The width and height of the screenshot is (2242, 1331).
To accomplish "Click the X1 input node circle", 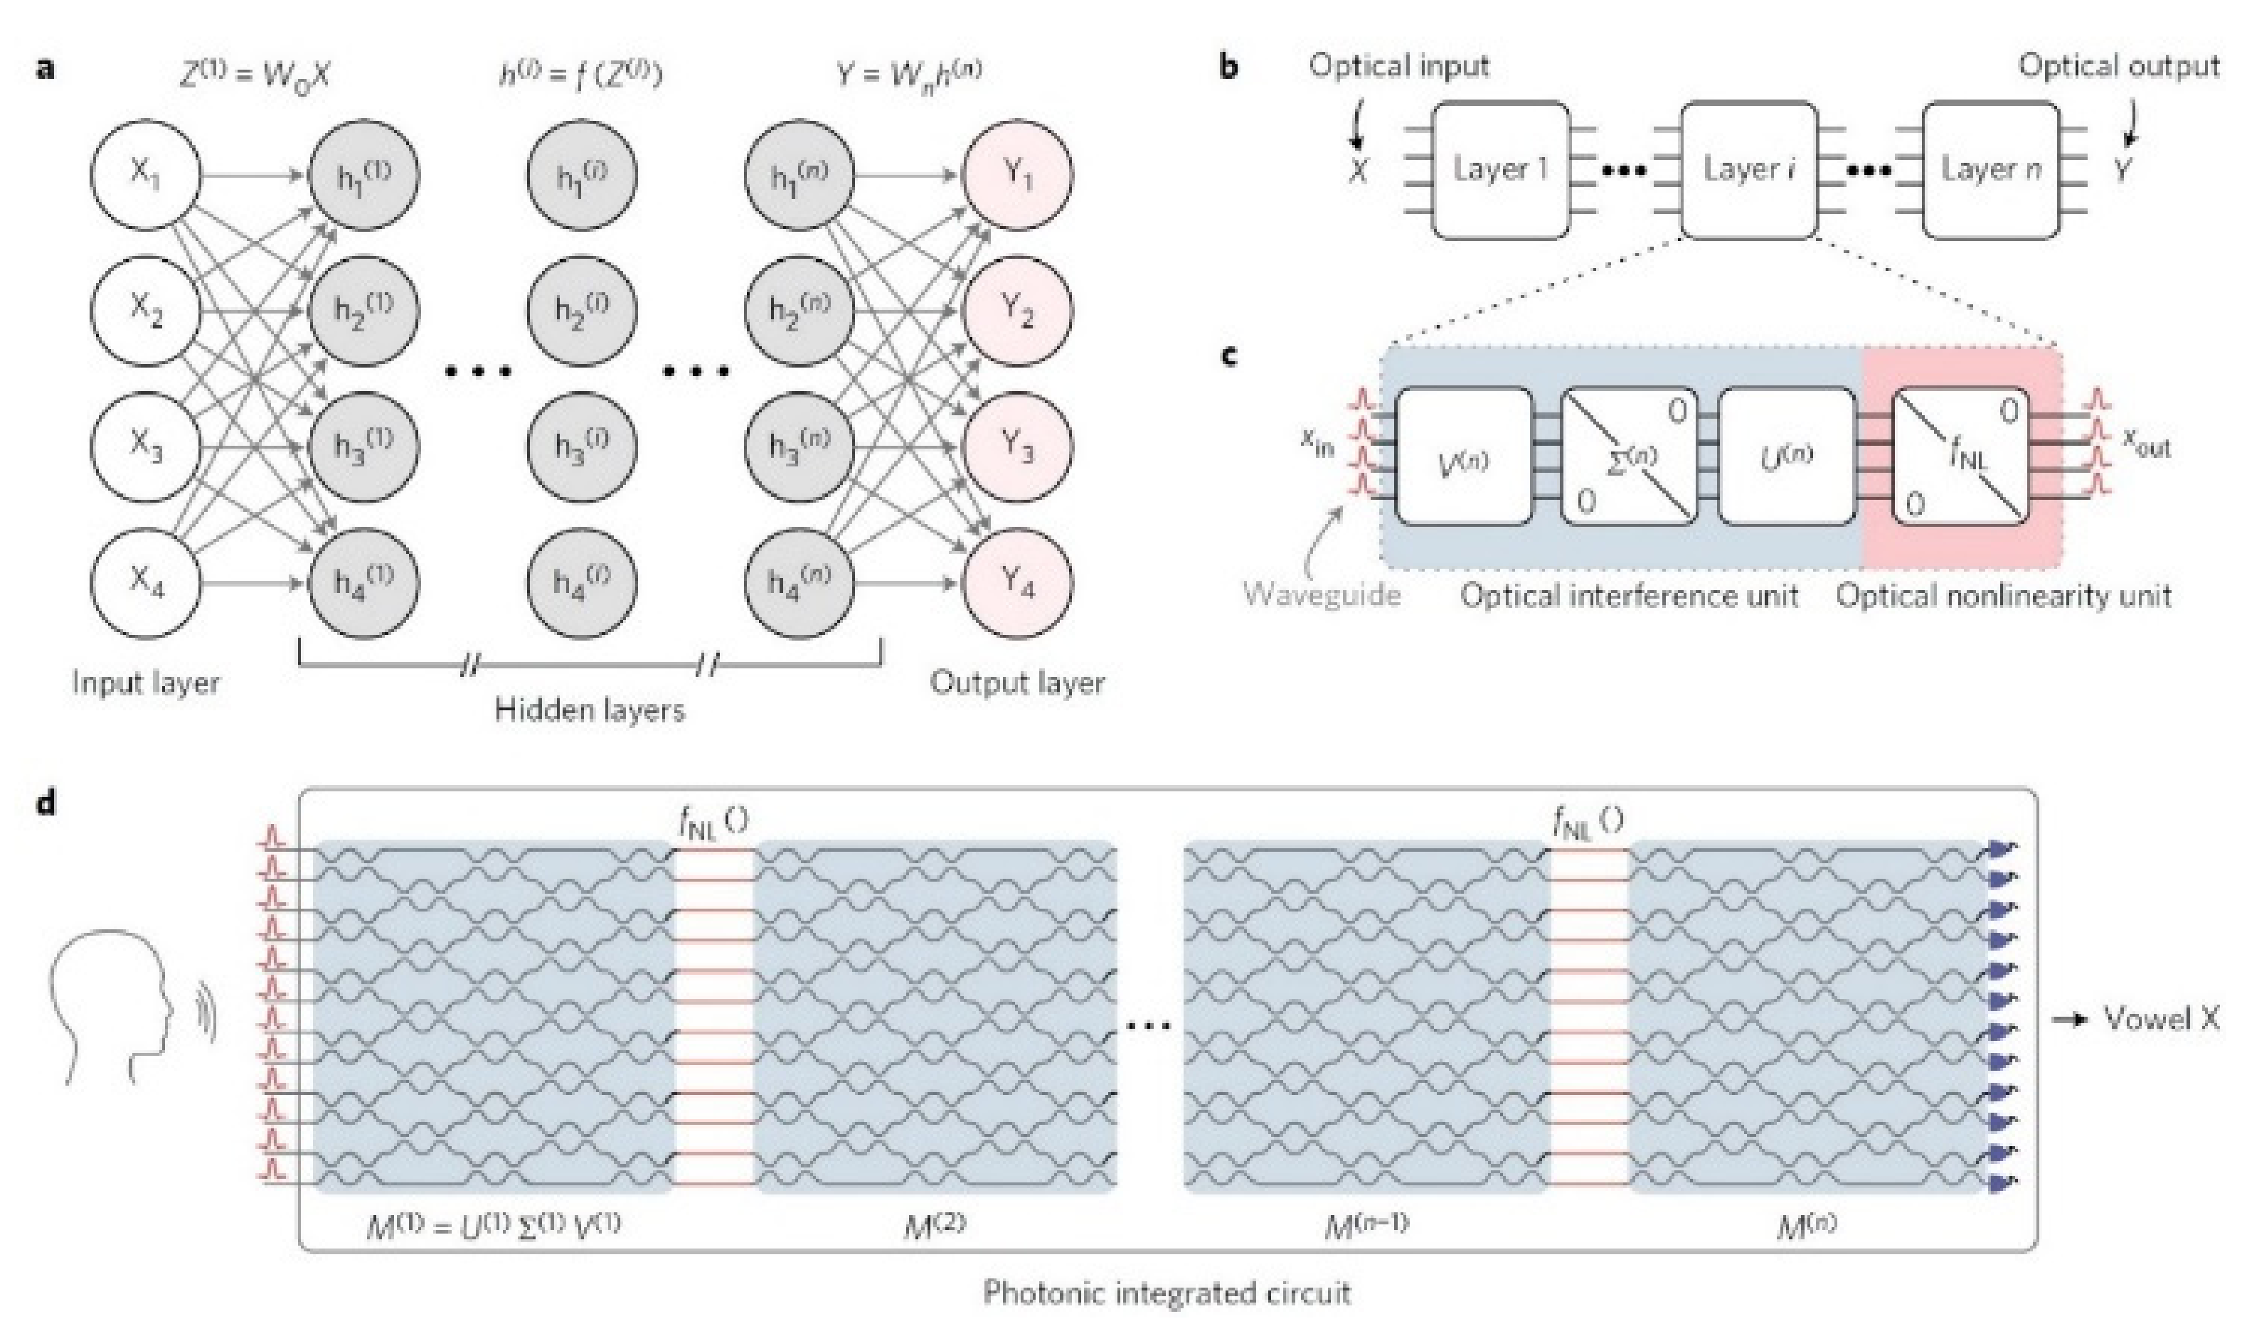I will pyautogui.click(x=145, y=176).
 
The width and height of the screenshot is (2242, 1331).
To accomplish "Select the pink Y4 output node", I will pyautogui.click(x=1017, y=584).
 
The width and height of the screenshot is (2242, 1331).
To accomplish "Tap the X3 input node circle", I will pyautogui.click(x=145, y=447).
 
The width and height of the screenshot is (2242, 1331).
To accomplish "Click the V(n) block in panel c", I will pyautogui.click(x=1463, y=456).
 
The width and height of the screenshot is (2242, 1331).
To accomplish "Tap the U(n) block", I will pyautogui.click(x=1786, y=456).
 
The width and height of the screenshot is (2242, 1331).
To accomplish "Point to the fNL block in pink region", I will pyautogui.click(x=1960, y=456).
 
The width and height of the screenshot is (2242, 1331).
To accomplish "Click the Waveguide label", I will pyautogui.click(x=1322, y=594).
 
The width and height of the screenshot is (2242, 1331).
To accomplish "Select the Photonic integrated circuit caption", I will pyautogui.click(x=1167, y=1293).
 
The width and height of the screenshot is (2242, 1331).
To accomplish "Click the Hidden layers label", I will pyautogui.click(x=590, y=710).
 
